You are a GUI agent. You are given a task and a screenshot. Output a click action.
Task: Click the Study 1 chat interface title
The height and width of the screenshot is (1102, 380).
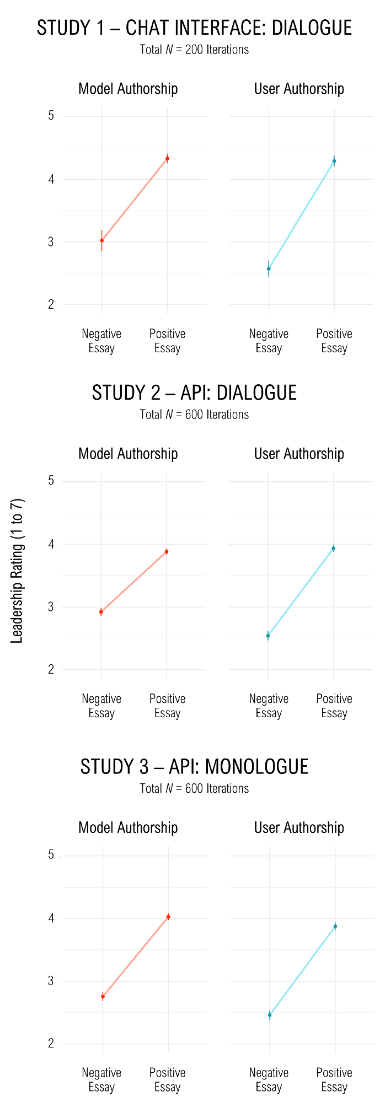pyautogui.click(x=194, y=28)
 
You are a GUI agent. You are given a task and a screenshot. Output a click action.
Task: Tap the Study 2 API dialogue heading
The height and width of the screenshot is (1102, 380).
pyautogui.click(x=194, y=393)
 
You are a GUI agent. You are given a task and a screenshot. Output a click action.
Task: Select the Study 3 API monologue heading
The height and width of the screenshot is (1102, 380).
pyautogui.click(x=194, y=766)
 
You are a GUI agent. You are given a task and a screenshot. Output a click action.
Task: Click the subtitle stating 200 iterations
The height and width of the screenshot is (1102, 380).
pyautogui.click(x=194, y=50)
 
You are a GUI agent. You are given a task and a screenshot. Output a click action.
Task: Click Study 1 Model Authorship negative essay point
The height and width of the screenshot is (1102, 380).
pyautogui.click(x=101, y=240)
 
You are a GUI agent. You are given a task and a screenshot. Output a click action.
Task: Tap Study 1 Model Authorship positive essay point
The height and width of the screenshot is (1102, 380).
pyautogui.click(x=167, y=159)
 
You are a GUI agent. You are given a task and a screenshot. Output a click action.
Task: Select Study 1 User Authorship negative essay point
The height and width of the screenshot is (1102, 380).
pyautogui.click(x=269, y=269)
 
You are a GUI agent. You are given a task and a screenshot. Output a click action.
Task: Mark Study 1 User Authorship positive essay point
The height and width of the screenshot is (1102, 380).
pyautogui.click(x=334, y=161)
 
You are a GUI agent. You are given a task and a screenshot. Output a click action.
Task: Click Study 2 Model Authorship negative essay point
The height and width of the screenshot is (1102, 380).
pyautogui.click(x=101, y=612)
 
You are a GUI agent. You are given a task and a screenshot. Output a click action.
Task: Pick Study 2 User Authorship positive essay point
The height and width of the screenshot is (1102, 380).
pyautogui.click(x=333, y=549)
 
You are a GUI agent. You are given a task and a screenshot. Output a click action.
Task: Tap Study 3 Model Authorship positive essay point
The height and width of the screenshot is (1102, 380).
pyautogui.click(x=168, y=917)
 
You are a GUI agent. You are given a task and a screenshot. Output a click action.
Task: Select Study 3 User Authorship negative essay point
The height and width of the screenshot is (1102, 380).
pyautogui.click(x=270, y=1015)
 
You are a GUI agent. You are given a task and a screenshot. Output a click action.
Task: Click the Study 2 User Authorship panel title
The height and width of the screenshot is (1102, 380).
pyautogui.click(x=299, y=454)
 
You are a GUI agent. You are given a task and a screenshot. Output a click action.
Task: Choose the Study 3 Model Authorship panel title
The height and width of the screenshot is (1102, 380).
pyautogui.click(x=128, y=827)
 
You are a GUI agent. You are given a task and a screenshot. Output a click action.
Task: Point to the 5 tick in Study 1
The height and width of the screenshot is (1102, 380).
pyautogui.click(x=51, y=116)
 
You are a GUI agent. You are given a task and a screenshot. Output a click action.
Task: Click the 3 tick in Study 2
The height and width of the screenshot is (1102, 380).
pyautogui.click(x=51, y=607)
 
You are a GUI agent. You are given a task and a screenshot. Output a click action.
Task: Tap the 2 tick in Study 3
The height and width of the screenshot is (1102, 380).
pyautogui.click(x=51, y=1044)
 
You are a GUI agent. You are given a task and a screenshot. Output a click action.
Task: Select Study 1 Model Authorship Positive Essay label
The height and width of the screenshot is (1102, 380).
pyautogui.click(x=167, y=341)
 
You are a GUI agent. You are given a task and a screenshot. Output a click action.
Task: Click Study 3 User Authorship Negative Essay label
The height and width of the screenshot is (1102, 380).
pyautogui.click(x=269, y=1079)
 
